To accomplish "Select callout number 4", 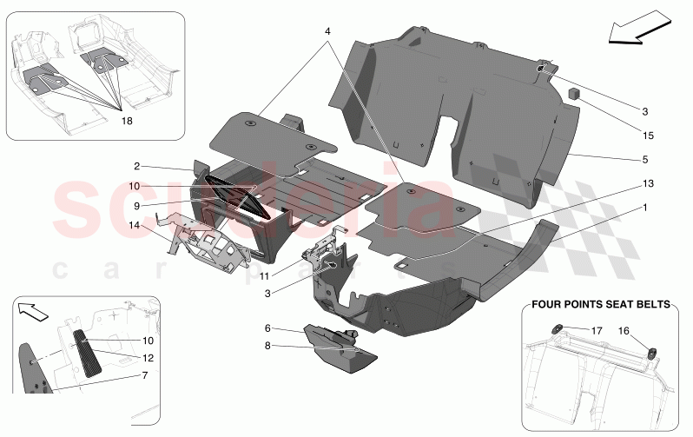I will tap(328, 33).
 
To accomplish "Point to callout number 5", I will tap(645, 159).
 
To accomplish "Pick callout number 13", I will tap(648, 184).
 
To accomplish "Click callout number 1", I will tap(646, 209).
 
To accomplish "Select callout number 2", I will tap(137, 165).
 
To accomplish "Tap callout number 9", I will tap(138, 205).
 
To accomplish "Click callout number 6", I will tap(268, 328).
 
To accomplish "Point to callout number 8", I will tap(268, 346).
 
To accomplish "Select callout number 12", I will tap(148, 357).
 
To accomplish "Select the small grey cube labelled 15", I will tap(574, 91).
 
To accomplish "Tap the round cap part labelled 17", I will tap(556, 328).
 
